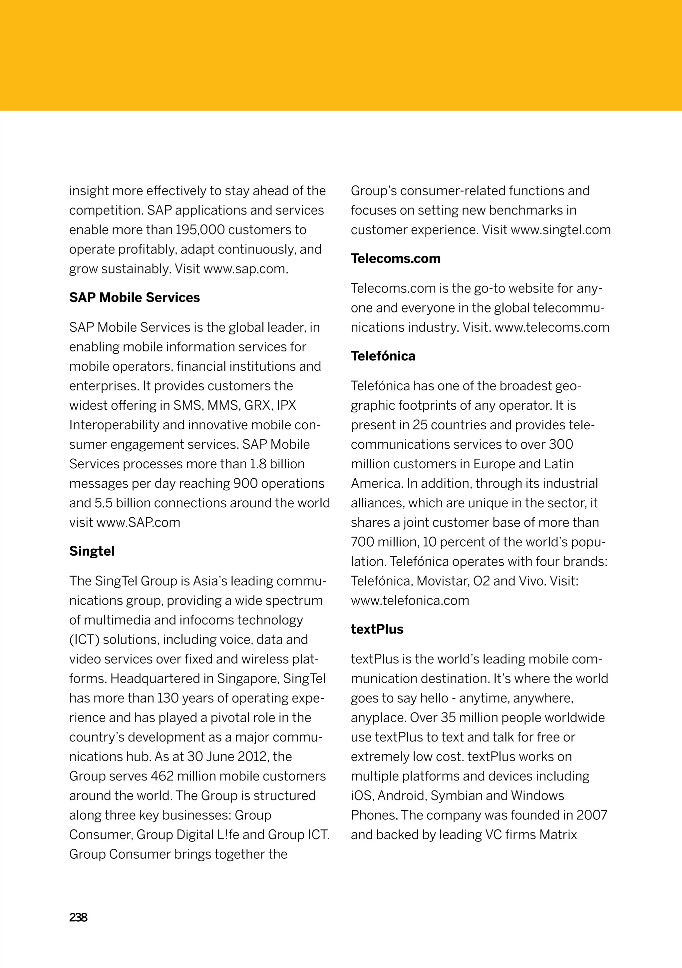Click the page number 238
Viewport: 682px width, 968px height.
coord(78,917)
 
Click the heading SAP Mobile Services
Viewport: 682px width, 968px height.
coord(135,298)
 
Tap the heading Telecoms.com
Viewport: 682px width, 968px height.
coord(395,258)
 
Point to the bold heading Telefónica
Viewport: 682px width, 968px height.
coord(383,356)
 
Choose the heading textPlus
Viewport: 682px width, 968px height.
coord(377,630)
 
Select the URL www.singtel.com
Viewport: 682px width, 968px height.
coord(560,230)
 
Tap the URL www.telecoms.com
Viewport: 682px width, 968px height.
coord(552,327)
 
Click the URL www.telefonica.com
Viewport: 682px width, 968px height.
coord(410,600)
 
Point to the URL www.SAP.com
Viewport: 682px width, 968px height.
coord(138,523)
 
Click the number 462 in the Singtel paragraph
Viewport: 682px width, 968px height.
coord(162,776)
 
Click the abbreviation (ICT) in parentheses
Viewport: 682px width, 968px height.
coord(84,640)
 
